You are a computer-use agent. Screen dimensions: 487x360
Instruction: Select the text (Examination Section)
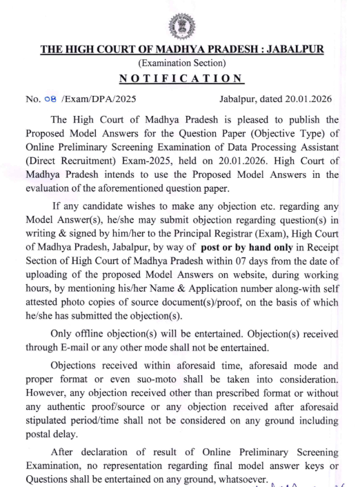pyautogui.click(x=181, y=64)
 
